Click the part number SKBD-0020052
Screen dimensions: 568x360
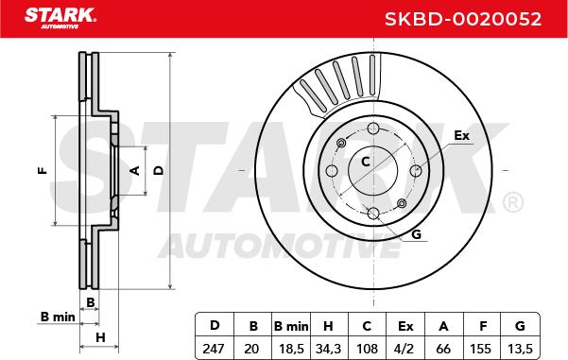tap(462, 19)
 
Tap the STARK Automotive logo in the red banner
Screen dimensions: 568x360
tap(60, 18)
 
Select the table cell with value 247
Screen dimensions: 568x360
tap(214, 349)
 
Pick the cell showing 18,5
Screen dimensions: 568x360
tap(291, 349)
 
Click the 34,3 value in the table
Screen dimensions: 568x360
tap(328, 349)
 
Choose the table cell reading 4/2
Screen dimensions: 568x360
tap(405, 349)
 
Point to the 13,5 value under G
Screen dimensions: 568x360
tap(520, 349)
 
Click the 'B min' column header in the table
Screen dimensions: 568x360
tap(291, 326)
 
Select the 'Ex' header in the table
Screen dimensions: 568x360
tap(405, 326)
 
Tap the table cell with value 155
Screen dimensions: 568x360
tap(481, 349)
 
